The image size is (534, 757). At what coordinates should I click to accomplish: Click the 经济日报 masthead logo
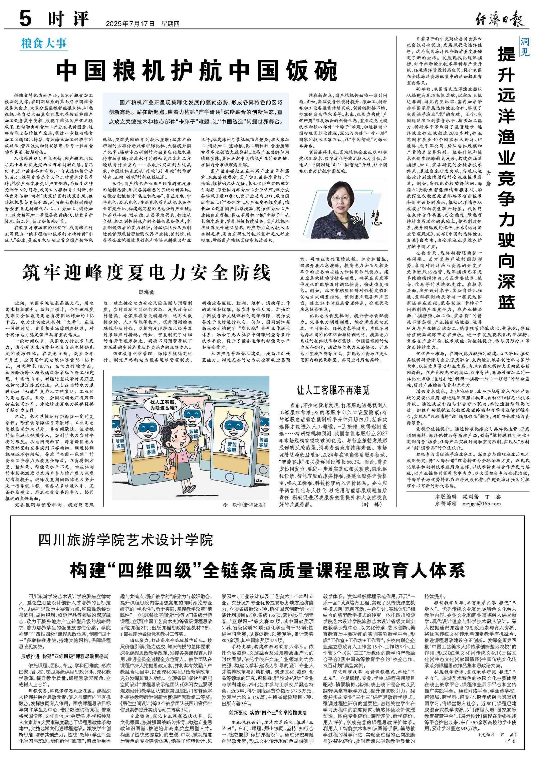[x=499, y=19]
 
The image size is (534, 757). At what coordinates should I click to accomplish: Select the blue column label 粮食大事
[x=44, y=43]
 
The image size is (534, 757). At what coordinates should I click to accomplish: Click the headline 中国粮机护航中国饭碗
[x=197, y=70]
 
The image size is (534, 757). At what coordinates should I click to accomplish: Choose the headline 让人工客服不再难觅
[x=333, y=390]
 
